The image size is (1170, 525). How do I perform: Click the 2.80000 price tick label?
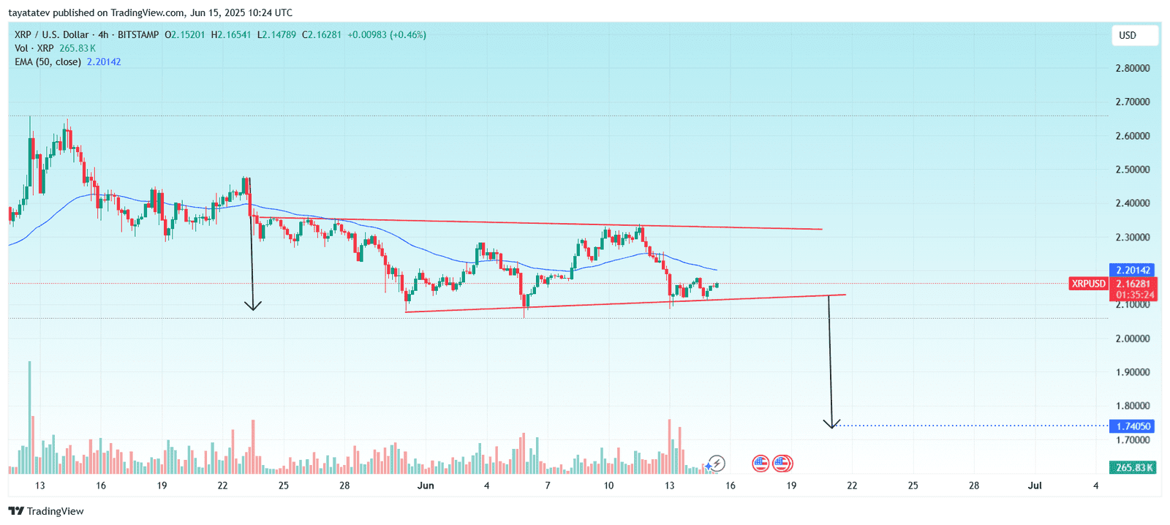click(x=1132, y=68)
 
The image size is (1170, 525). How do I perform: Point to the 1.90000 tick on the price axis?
click(x=1132, y=372)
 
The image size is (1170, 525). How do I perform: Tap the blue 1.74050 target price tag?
click(x=1133, y=426)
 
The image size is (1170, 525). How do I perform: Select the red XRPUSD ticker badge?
click(x=1088, y=284)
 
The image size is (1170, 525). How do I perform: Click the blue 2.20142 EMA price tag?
click(x=1133, y=271)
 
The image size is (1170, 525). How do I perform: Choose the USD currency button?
click(x=1128, y=35)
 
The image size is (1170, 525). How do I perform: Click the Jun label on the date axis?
click(x=426, y=486)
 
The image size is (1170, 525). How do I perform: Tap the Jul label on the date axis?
click(x=1035, y=486)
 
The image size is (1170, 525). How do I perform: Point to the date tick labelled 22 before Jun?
click(x=222, y=486)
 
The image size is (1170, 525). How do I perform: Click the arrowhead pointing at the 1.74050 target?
click(x=831, y=424)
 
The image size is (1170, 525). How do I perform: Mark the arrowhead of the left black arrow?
click(x=252, y=306)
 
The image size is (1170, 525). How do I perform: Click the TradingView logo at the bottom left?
click(x=46, y=511)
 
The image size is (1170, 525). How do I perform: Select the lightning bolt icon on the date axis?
click(x=717, y=463)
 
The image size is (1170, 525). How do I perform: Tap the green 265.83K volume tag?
click(x=1133, y=467)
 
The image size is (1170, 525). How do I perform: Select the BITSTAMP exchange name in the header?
click(x=138, y=35)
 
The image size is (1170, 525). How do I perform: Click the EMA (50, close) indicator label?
click(x=48, y=62)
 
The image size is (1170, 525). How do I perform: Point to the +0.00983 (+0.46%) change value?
click(x=386, y=35)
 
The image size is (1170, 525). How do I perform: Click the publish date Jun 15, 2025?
click(x=220, y=12)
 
